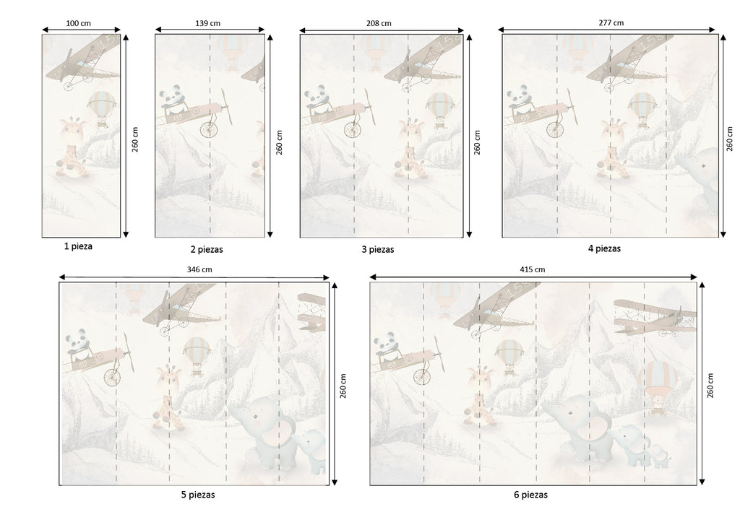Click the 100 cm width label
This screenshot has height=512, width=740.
[x=78, y=23]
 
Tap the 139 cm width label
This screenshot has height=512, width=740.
[x=207, y=23]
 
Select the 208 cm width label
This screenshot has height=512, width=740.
[x=379, y=23]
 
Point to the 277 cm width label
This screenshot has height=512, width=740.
[x=611, y=22]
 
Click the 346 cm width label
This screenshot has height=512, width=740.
[x=199, y=269]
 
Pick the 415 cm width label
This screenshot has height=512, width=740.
[x=533, y=269]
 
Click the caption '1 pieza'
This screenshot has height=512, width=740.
[x=78, y=246]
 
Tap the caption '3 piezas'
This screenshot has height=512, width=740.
[x=377, y=249]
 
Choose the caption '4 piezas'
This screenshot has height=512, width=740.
[x=604, y=248]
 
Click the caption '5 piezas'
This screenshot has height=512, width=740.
[x=198, y=495]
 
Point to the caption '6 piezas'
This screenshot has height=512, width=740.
[x=531, y=495]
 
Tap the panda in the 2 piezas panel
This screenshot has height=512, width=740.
[x=172, y=99]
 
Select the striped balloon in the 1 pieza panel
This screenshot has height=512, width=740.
[x=101, y=108]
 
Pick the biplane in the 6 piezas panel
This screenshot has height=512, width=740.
[x=655, y=317]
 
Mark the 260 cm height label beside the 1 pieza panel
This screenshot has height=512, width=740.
[x=135, y=139]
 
